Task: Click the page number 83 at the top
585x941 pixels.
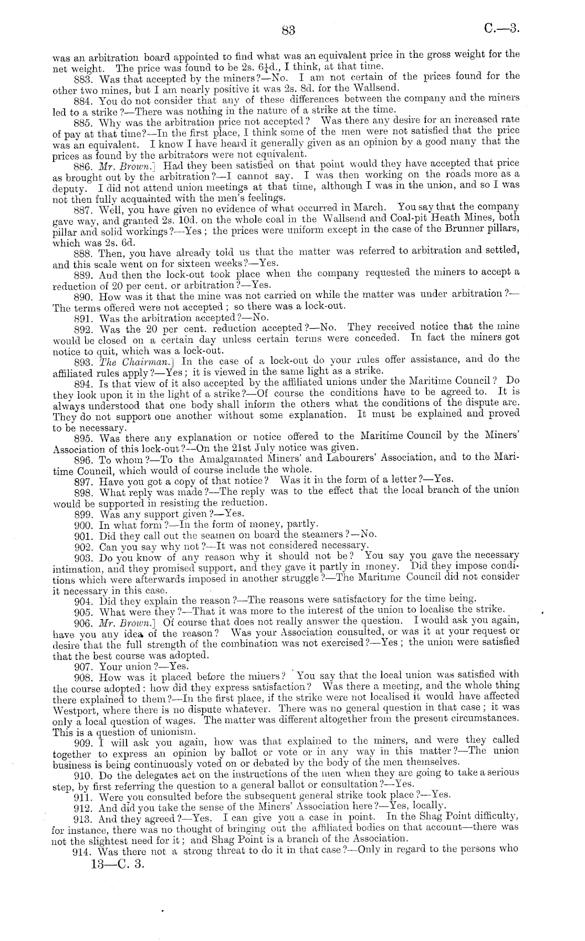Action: click(288, 30)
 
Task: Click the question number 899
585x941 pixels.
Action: click(85, 514)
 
